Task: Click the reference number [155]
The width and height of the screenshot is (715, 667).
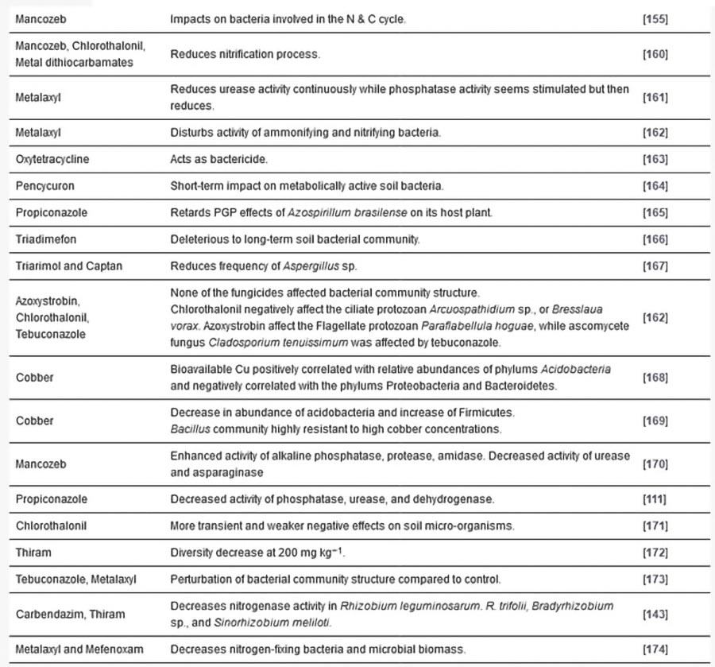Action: point(655,17)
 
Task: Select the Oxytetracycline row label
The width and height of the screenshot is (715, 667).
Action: point(52,159)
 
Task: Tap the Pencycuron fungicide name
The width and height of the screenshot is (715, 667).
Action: point(46,186)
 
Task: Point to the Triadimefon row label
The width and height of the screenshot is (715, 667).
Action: point(46,239)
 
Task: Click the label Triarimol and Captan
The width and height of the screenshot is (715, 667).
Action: point(69,266)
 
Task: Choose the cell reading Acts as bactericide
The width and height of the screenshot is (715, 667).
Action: point(219,159)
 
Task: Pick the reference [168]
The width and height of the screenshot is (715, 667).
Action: point(655,378)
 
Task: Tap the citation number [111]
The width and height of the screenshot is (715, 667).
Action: point(655,499)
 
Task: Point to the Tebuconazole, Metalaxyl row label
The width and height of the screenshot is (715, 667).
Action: point(76,580)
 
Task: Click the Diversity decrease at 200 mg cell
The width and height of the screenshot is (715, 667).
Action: point(259,553)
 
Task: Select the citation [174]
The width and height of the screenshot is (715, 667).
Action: point(655,650)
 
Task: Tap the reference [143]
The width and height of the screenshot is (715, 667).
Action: point(655,615)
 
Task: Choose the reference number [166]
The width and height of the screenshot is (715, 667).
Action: point(655,239)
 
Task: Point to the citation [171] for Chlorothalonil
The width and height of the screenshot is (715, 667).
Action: point(655,526)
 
